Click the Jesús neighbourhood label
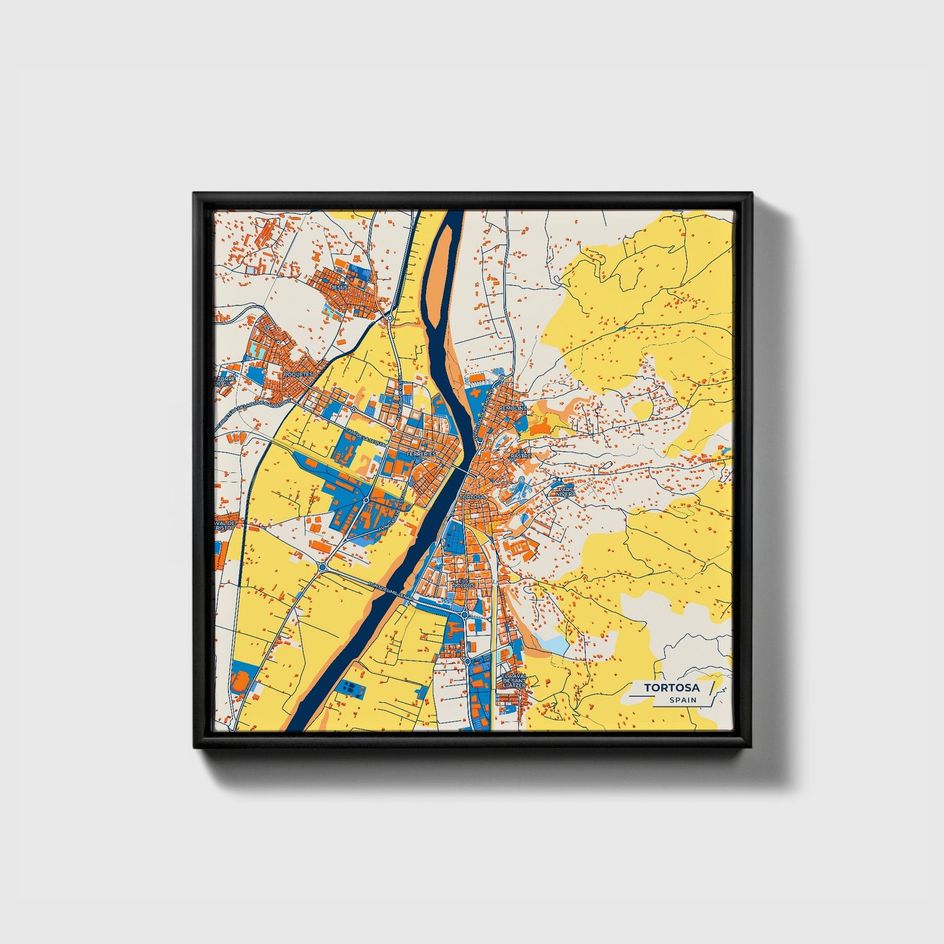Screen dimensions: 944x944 (x=339, y=287)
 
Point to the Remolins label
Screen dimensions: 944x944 (x=512, y=408)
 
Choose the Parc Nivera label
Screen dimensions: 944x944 (x=566, y=491)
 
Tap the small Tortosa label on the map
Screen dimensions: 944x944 (x=474, y=497)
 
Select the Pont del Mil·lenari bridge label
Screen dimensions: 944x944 (x=390, y=591)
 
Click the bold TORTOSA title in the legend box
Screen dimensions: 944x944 (x=671, y=688)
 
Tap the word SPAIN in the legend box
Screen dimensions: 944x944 (x=683, y=700)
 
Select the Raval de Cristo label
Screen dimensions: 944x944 (x=225, y=527)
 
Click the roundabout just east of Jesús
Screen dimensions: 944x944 (x=389, y=318)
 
